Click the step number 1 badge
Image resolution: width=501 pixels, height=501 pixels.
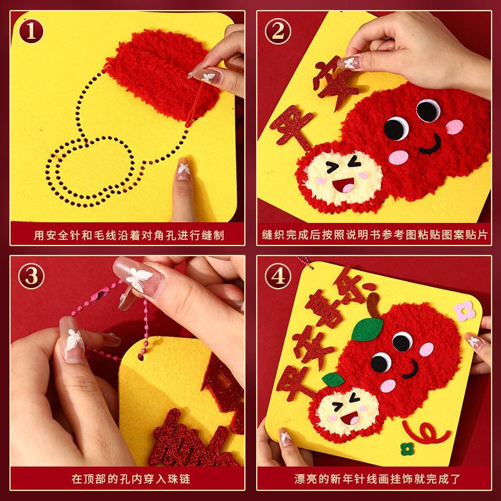[31, 31]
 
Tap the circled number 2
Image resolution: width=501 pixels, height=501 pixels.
[277, 31]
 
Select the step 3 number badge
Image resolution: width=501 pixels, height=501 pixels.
[31, 276]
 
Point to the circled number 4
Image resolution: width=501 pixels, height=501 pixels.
[277, 276]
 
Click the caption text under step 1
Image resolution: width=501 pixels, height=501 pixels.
[129, 235]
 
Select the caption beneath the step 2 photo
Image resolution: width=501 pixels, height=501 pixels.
[374, 235]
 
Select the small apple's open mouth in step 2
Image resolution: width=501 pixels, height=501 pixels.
[343, 185]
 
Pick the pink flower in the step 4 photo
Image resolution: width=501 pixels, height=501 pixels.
[465, 310]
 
